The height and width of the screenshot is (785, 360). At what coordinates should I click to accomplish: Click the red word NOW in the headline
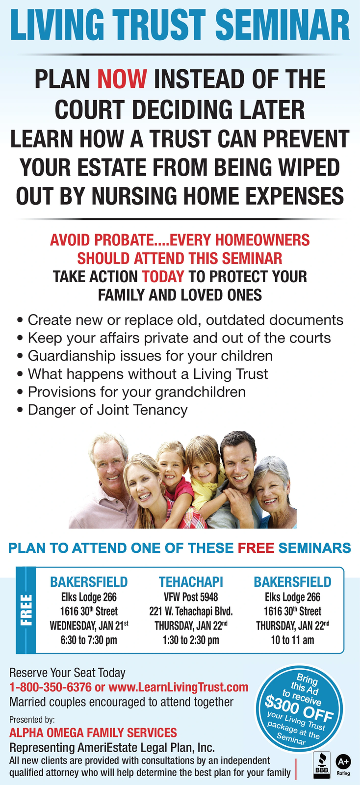122,79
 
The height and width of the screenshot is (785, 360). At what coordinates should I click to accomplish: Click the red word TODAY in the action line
163,276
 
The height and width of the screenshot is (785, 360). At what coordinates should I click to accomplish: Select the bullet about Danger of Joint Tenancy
107,410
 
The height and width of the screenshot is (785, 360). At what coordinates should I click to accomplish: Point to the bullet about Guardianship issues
150,356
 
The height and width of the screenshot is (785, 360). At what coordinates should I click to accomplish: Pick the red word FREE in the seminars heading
256,548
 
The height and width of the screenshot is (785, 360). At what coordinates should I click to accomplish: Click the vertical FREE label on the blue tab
26,610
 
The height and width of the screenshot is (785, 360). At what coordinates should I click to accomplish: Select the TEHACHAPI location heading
191,582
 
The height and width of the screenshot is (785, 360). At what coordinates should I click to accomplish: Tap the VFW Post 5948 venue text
191,597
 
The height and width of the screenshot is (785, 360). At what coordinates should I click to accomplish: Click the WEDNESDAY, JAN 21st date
89,626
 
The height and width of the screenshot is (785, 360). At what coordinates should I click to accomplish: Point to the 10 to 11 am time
292,640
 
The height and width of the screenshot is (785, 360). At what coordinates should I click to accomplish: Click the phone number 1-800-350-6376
51,687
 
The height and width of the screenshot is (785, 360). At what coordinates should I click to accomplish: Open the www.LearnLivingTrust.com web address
178,687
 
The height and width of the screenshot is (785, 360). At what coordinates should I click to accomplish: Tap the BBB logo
321,765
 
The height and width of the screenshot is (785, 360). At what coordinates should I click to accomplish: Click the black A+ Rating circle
343,761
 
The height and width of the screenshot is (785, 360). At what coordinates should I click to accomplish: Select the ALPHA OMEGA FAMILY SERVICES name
93,733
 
